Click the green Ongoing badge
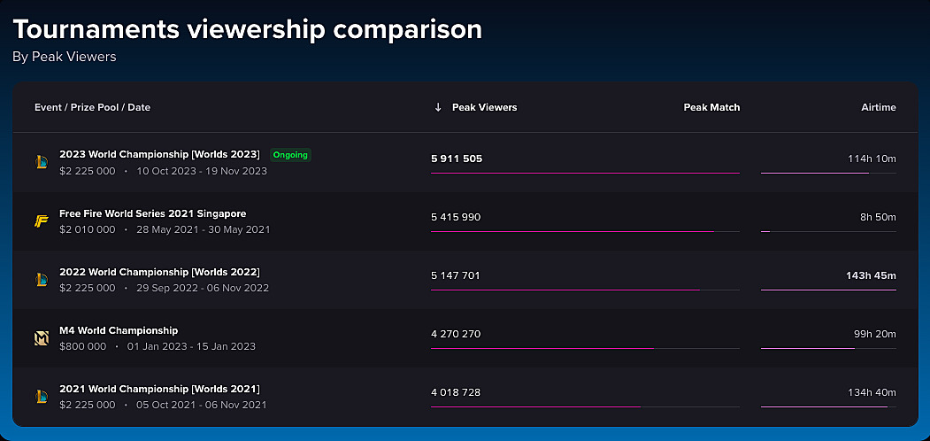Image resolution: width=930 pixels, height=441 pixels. point(290,155)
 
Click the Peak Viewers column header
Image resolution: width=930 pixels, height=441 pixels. point(485,107)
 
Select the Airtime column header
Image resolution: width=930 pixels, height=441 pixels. point(879,107)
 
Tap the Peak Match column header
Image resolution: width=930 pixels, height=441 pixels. point(711,107)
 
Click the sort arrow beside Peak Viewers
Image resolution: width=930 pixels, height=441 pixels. point(438,107)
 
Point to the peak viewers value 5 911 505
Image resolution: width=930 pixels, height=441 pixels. point(457,159)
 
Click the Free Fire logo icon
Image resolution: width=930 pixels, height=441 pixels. point(41,221)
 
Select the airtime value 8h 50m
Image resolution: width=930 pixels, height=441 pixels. point(878,217)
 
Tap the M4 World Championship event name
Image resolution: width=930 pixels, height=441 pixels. point(119,330)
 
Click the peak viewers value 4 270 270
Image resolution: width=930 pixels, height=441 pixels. point(456,334)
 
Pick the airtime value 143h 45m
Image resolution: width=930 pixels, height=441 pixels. point(871,275)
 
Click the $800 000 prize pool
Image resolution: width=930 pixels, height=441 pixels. point(83,346)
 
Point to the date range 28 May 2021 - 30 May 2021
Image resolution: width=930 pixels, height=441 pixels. point(203,229)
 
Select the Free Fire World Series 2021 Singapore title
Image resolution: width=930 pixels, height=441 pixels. point(153,213)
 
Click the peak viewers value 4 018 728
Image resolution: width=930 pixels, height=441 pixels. point(456,392)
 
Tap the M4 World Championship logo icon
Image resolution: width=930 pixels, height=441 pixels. point(41,338)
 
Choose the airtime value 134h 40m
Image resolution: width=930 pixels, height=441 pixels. point(872,392)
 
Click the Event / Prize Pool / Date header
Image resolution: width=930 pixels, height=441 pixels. point(93,107)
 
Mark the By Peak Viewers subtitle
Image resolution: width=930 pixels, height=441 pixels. point(65,57)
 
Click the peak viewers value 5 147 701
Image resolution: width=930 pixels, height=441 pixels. point(456,275)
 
